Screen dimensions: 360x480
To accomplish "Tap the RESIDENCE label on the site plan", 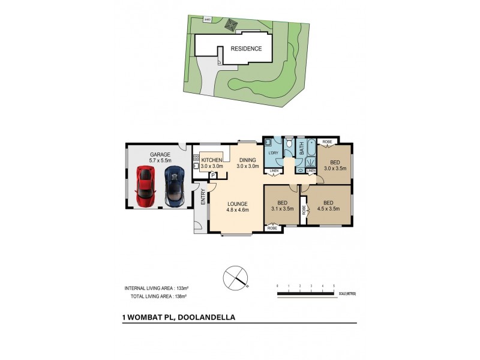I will tap(246, 49).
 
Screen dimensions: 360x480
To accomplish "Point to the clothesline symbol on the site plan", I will tap(231, 25).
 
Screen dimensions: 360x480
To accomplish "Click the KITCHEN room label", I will tap(212, 160).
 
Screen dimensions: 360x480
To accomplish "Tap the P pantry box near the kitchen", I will tap(212, 175).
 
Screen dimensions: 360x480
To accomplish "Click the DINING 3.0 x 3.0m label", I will tap(248, 163).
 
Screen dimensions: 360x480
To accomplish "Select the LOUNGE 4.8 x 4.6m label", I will tap(237, 207).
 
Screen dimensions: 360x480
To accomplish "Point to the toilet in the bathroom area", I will tap(289, 144).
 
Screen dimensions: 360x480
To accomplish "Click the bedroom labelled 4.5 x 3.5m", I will tap(328, 206).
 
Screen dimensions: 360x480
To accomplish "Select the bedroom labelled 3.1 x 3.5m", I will tap(281, 206).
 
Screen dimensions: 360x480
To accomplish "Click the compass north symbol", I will tap(235, 277).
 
